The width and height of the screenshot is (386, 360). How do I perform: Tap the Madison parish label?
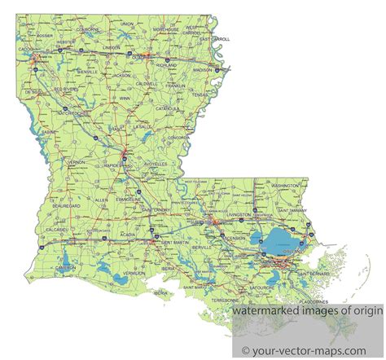[x=202, y=70]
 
